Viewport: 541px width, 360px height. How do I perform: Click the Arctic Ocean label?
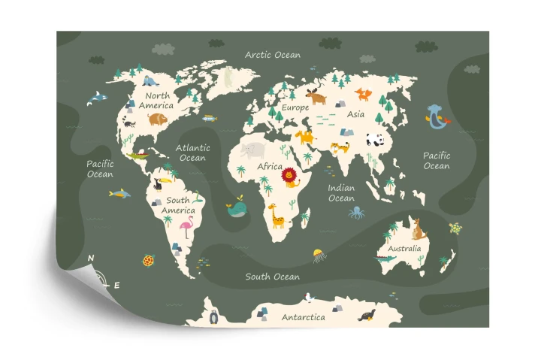pos(273,55)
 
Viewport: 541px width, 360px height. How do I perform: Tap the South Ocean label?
pos(272,277)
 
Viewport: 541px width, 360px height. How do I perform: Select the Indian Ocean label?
pos(341,193)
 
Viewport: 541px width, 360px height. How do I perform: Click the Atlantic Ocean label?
pos(192,153)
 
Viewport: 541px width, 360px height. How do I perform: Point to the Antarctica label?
pos(304,317)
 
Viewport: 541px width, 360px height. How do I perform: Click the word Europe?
pos(295,107)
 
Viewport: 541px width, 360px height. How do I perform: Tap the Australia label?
pos(404,248)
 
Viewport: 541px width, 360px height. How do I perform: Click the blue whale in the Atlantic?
pos(237,207)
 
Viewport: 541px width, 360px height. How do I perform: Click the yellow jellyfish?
pos(319,255)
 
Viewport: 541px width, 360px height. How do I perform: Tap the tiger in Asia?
pos(341,147)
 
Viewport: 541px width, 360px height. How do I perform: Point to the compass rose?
pos(102,276)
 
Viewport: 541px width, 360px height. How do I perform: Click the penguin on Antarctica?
pos(214,316)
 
